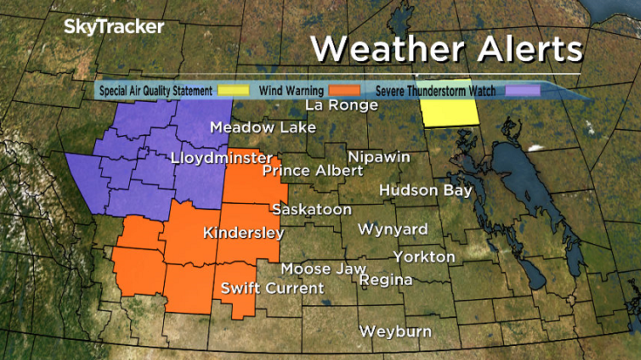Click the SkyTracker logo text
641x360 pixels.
[x=113, y=27]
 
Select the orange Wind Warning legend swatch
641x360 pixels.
[x=347, y=90]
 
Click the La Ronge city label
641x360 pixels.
[x=341, y=105]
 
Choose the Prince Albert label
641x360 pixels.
[x=312, y=171]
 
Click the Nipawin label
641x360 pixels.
[x=379, y=156]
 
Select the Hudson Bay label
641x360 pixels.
[x=426, y=190]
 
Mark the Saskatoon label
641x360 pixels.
[x=311, y=210]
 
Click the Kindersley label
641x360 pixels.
[x=243, y=233]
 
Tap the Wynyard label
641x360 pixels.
[x=393, y=229]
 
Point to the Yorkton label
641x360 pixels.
[x=424, y=257]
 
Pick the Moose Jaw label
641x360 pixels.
[x=324, y=269]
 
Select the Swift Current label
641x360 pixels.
[x=272, y=289]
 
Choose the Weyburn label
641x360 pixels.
[x=398, y=332]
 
